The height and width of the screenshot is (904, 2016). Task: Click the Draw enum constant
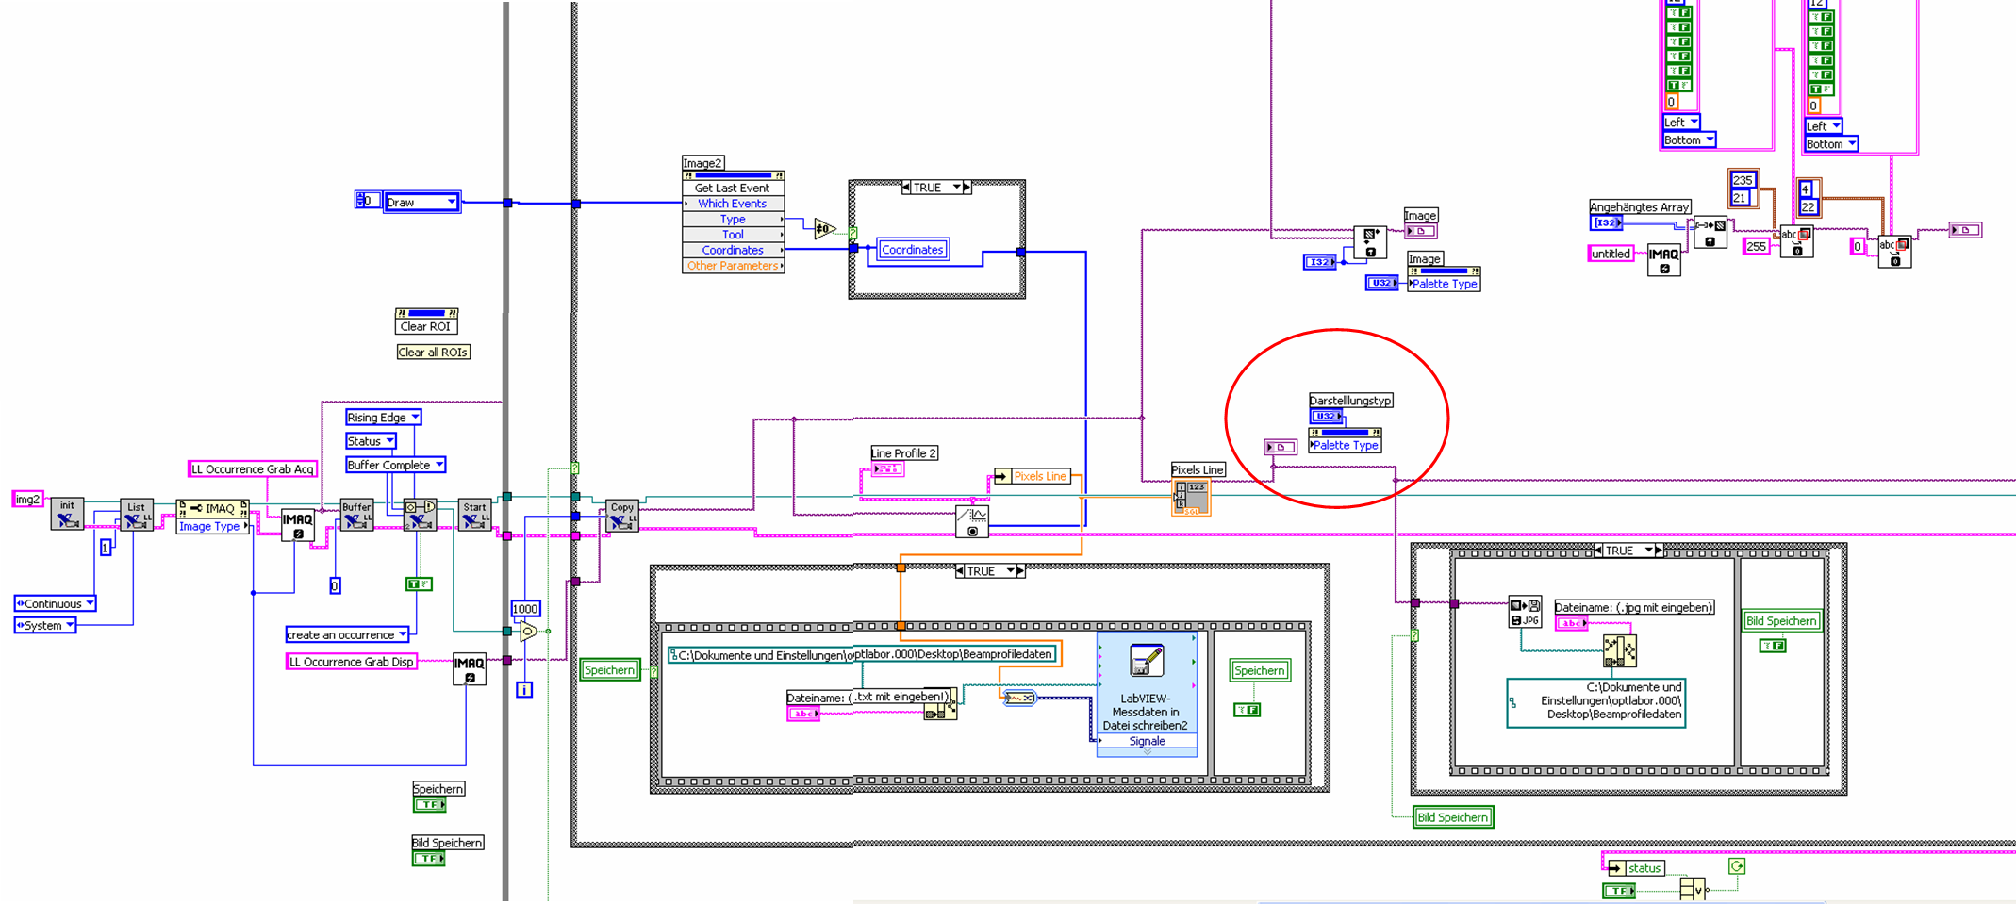point(421,202)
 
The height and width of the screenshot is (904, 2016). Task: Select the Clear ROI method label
point(425,327)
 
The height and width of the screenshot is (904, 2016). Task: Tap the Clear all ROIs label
point(433,353)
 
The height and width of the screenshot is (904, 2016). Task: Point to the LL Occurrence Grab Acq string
point(252,469)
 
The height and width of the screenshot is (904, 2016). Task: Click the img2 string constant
point(27,500)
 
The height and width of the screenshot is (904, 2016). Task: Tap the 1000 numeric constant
point(525,609)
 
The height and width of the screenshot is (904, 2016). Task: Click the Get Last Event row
point(733,189)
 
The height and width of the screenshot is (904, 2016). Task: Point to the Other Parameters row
point(733,266)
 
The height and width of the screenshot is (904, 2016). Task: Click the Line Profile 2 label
point(903,453)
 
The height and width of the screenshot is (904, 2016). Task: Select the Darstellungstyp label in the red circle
point(1350,401)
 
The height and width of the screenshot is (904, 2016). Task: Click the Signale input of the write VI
point(1148,742)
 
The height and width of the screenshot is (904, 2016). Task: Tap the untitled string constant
point(1611,254)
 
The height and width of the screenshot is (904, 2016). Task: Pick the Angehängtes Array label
point(1640,207)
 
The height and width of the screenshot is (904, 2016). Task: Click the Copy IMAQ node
point(622,515)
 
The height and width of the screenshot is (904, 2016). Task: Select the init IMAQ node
point(67,514)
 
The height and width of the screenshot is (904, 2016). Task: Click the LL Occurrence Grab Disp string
point(351,662)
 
